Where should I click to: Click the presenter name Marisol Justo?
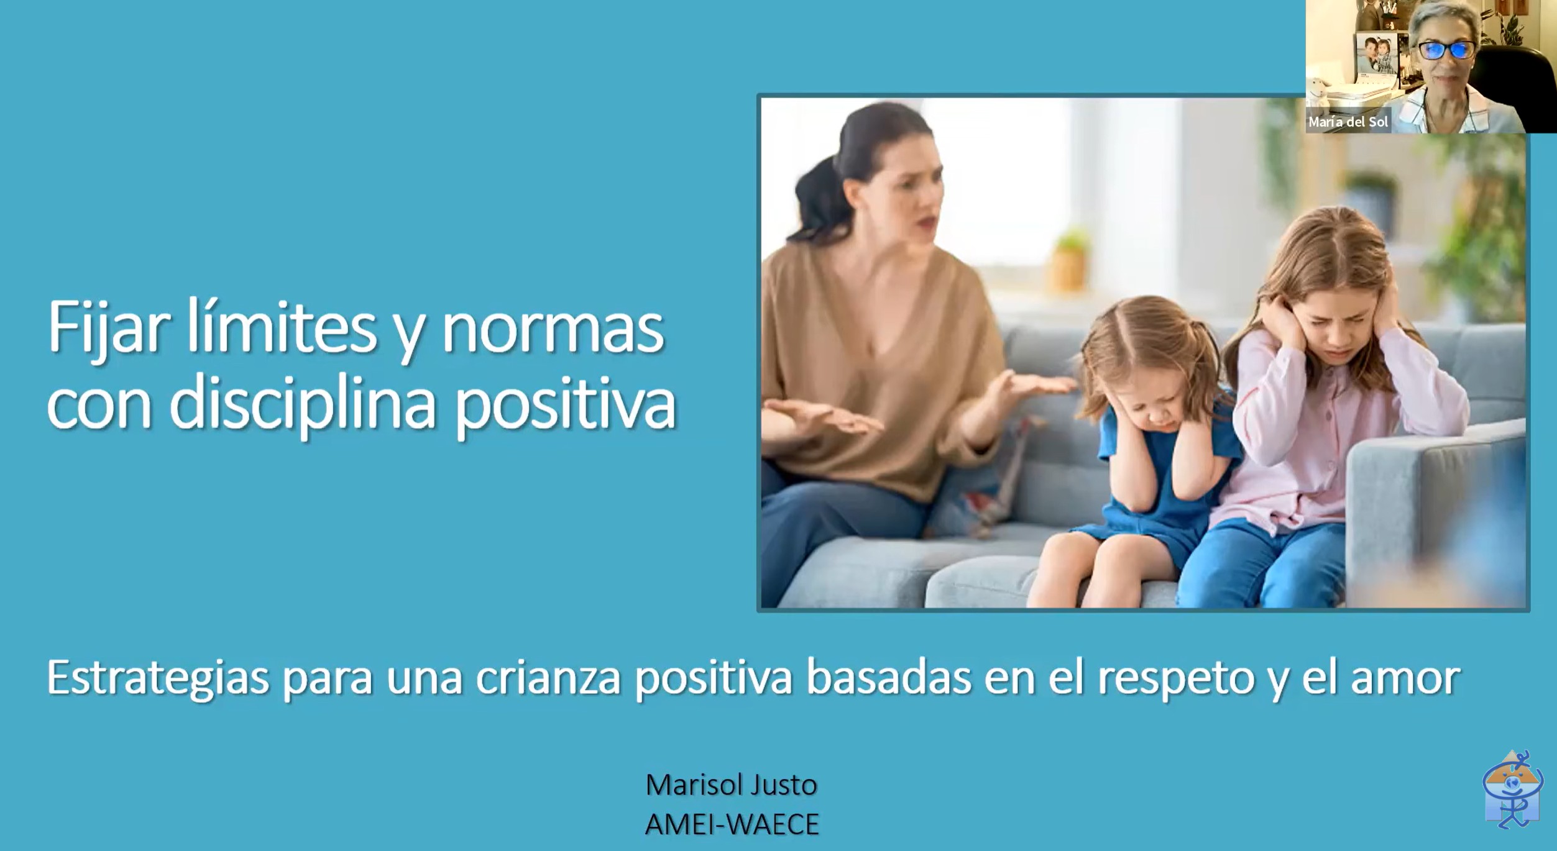[x=731, y=785]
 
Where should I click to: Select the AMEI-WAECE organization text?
[x=732, y=825]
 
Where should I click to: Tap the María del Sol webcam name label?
[x=1348, y=122]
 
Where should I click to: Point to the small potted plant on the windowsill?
[x=1070, y=261]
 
